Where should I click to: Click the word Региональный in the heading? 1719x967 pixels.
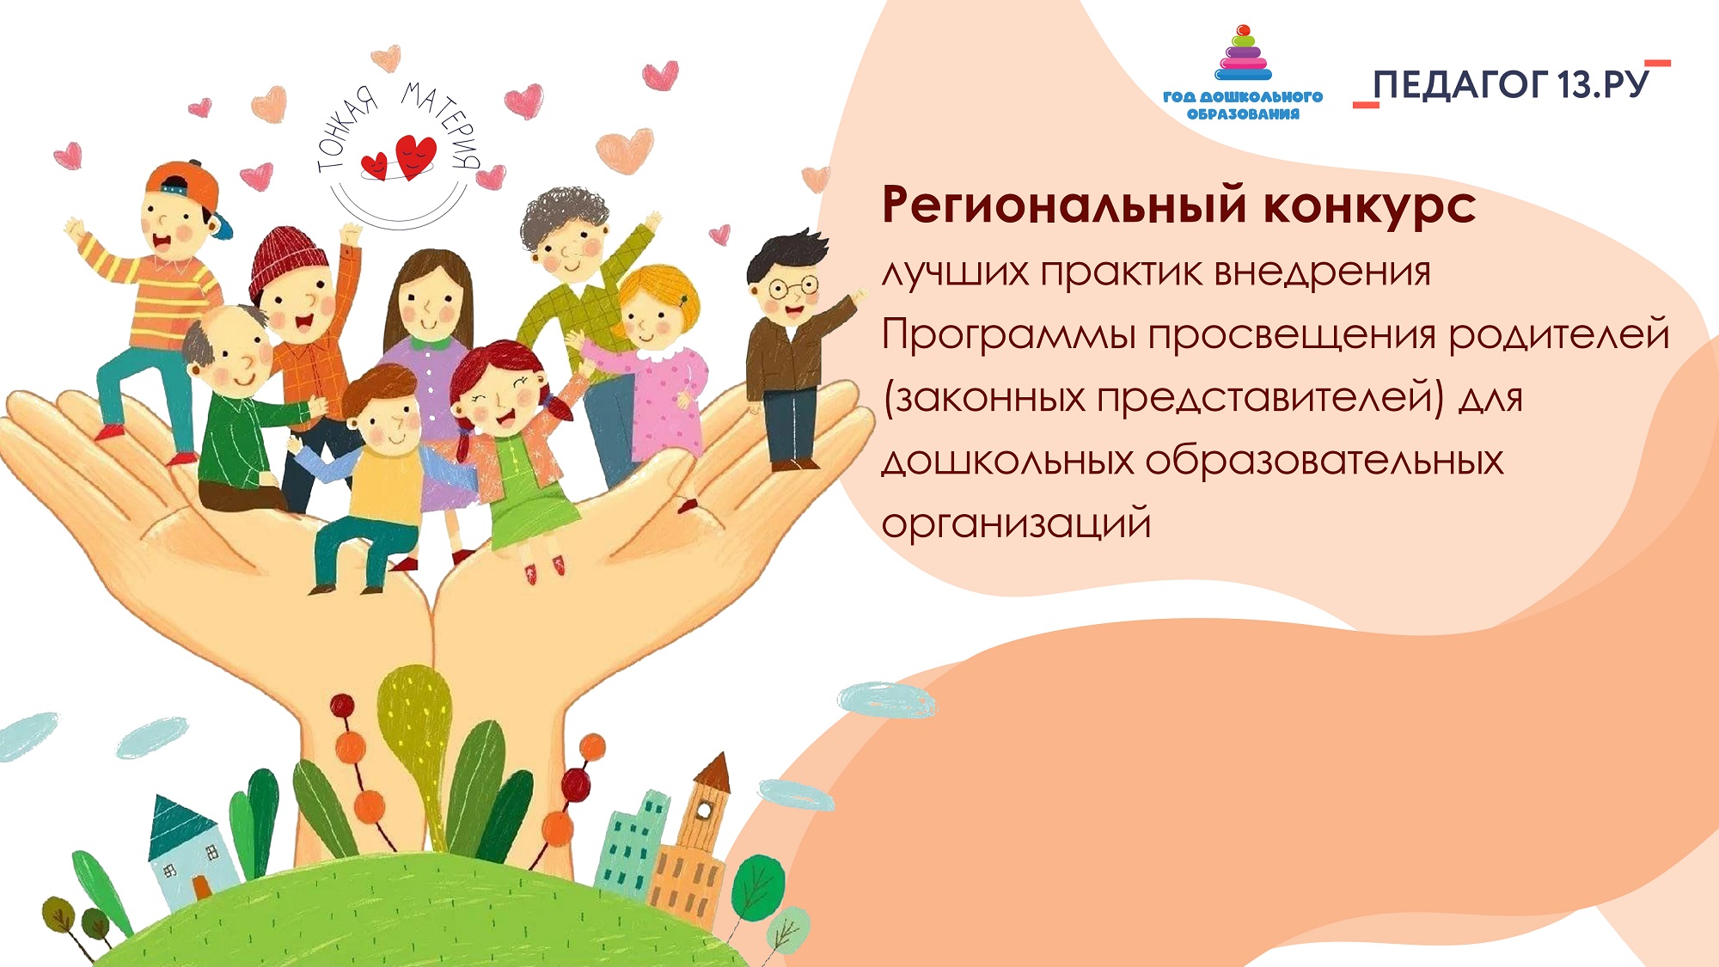click(x=1065, y=207)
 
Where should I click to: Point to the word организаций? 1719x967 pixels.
click(x=1016, y=524)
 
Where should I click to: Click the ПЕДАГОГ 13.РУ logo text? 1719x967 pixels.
click(x=1511, y=84)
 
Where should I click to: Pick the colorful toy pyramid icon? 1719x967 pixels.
click(x=1243, y=53)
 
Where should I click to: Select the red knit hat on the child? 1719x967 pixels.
click(x=288, y=260)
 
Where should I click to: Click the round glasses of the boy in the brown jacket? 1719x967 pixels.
click(x=792, y=286)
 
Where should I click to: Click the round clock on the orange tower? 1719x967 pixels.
click(x=705, y=810)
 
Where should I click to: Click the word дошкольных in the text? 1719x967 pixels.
click(x=1008, y=462)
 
